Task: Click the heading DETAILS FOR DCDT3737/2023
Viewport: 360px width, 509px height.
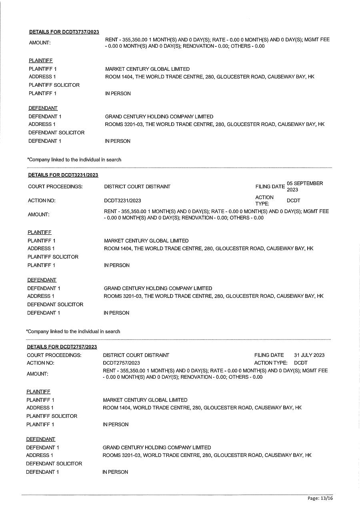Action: [64, 32]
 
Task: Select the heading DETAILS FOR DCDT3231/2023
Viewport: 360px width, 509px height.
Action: [63, 175]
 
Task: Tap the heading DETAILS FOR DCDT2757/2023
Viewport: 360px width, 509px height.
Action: [62, 347]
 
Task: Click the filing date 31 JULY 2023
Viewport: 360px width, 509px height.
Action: [309, 355]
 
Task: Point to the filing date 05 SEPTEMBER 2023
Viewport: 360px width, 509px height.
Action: [304, 186]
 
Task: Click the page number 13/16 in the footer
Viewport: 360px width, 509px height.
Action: [326, 498]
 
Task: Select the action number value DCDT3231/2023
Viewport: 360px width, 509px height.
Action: [122, 201]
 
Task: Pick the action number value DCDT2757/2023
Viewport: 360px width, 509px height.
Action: [121, 363]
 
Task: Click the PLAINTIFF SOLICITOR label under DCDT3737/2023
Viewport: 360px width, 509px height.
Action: [54, 85]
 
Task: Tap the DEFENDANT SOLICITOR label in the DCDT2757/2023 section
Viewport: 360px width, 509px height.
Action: [54, 464]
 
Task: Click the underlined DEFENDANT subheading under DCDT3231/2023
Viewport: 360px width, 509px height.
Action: [42, 280]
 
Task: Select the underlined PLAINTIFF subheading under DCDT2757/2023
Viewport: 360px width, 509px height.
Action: [38, 392]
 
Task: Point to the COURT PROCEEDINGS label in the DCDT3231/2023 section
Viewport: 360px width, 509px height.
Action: [55, 187]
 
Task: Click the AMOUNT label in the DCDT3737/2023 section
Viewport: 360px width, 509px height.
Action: [40, 43]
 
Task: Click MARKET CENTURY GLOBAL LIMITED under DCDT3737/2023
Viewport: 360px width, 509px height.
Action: [147, 69]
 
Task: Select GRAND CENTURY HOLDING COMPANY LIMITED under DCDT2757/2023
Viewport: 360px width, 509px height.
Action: [157, 448]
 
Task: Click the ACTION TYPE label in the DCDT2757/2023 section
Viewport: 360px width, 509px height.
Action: [271, 363]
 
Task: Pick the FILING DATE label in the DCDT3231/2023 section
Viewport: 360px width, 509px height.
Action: [270, 187]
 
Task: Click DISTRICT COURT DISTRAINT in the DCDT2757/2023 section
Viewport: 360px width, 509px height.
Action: [136, 355]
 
